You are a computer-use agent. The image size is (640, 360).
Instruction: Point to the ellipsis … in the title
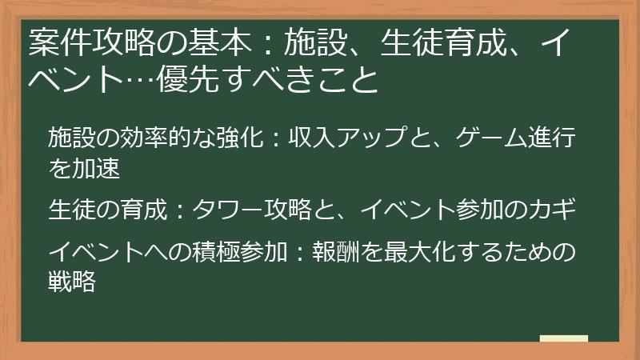[x=140, y=81]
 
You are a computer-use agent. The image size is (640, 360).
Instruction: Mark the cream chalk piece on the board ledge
[x=563, y=339]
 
